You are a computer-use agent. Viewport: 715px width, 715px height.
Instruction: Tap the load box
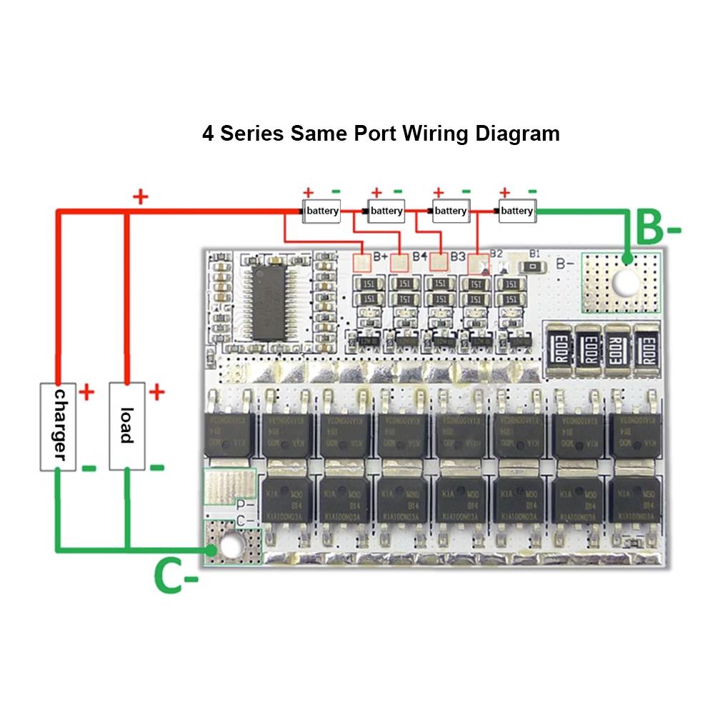point(126,426)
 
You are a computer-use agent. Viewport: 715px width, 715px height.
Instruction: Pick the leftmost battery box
point(322,211)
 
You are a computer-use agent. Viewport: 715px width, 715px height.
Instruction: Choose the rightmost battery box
point(516,211)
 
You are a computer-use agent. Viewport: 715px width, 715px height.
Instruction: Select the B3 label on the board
point(458,256)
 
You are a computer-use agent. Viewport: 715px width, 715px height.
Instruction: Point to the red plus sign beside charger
point(86,392)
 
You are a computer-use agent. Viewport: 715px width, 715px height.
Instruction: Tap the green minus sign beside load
point(156,468)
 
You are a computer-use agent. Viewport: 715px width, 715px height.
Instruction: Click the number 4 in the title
point(209,134)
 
